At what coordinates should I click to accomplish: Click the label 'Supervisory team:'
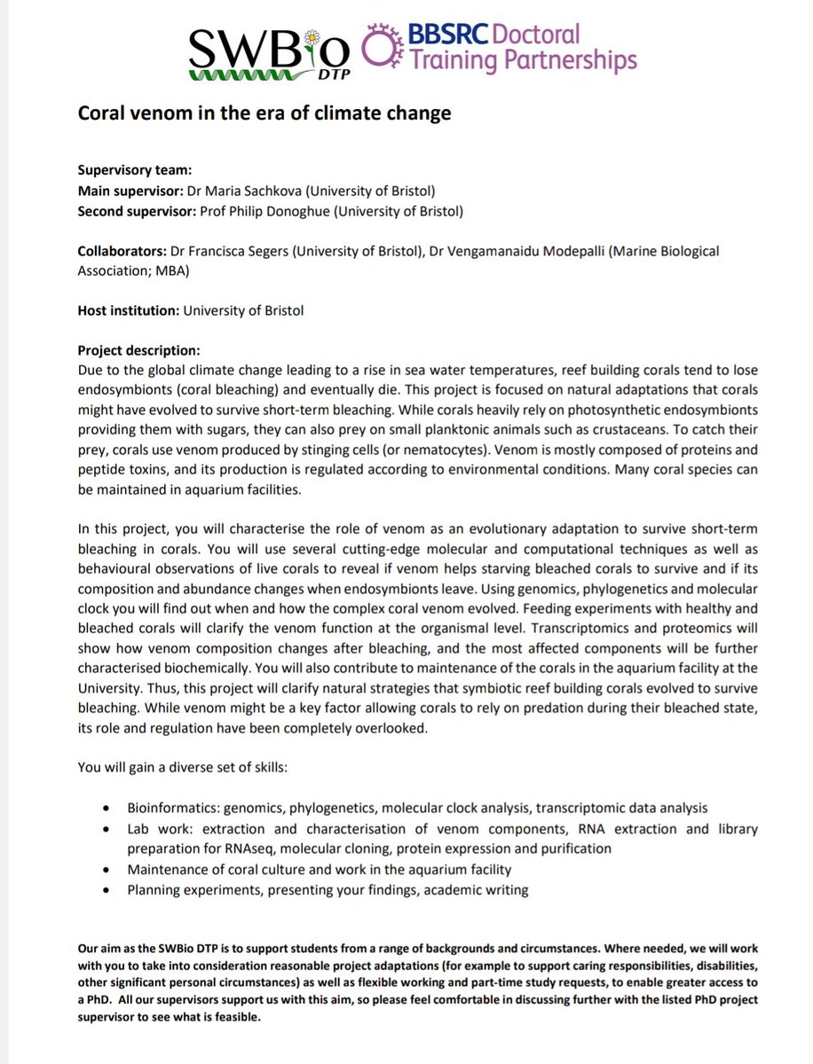click(x=135, y=171)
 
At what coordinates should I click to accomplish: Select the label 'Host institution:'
click(x=128, y=311)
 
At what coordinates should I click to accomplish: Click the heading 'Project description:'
click(x=139, y=351)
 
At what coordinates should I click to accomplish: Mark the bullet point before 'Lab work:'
click(x=108, y=830)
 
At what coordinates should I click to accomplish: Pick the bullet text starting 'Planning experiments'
click(x=328, y=890)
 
